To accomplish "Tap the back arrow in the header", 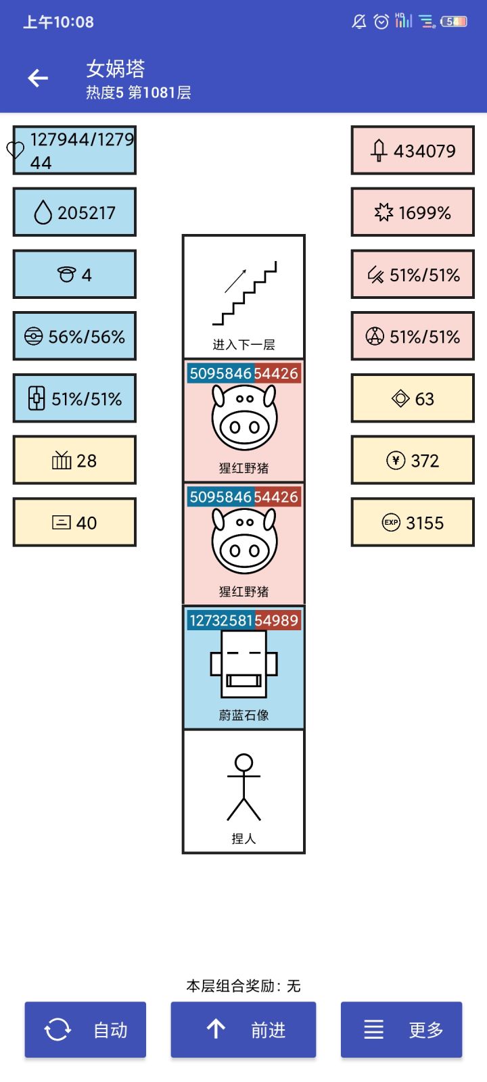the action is point(38,78).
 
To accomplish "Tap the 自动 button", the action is point(85,1029).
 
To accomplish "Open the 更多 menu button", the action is point(402,1029).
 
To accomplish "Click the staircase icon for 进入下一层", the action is point(244,293).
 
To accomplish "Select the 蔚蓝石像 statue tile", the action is point(243,667).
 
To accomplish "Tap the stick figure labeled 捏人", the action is point(243,787).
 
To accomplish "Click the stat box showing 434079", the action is point(413,150).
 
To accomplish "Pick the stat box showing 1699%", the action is point(413,212).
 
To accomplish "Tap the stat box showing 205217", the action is point(74,212).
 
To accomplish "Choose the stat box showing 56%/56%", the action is point(74,336).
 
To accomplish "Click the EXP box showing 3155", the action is point(413,522).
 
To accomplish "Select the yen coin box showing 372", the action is point(413,461).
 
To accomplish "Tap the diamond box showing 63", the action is point(413,398).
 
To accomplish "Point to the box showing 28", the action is point(74,461).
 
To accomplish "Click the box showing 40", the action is point(74,522).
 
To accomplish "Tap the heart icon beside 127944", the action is point(15,149).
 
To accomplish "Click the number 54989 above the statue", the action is point(277,620).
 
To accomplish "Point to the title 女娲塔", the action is point(116,68).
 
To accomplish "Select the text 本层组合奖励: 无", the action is point(243,985).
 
